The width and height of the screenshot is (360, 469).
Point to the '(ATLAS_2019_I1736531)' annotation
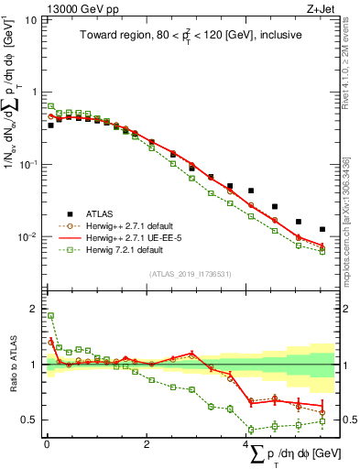190,273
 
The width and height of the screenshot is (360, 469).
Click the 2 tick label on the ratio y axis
33,308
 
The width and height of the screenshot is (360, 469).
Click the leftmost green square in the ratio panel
50,316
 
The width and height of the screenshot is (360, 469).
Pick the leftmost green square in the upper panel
50,106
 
